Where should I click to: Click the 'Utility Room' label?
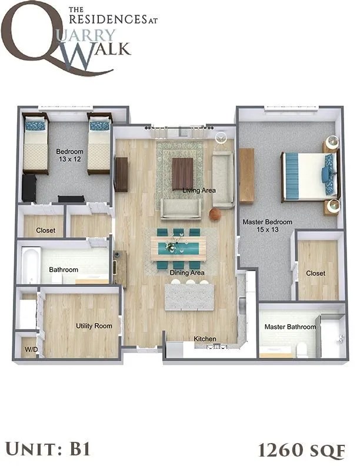[94, 325]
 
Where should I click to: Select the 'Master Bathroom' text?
[290, 327]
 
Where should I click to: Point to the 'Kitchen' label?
[205, 339]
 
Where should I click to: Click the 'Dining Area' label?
[187, 273]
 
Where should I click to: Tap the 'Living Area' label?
[199, 190]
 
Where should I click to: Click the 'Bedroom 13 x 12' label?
[69, 155]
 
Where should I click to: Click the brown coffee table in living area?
[182, 173]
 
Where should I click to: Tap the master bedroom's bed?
[309, 175]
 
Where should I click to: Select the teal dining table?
[178, 248]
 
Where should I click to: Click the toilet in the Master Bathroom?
[302, 349]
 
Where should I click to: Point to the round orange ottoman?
[215, 215]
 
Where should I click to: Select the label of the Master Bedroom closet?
[316, 273]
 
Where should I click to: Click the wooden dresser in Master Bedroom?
[247, 175]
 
